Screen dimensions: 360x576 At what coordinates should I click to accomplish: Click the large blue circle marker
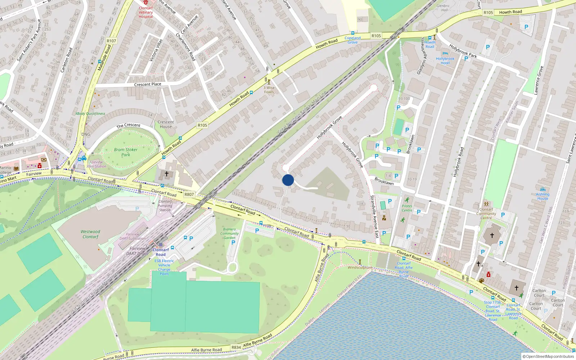pos(288,180)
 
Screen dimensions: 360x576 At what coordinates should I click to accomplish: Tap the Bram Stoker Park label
pos(126,152)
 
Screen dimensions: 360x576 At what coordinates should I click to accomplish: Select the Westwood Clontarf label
pos(90,234)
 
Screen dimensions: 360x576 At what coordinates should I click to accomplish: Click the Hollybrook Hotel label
pos(445,61)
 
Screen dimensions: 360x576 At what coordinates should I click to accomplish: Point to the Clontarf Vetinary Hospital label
pos(146,12)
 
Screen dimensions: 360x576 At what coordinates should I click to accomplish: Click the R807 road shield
pos(189,194)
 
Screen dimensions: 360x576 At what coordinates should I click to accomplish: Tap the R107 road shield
pos(112,41)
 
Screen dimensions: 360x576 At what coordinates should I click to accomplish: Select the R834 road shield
pos(236,347)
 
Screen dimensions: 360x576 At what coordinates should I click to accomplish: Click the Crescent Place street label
pos(148,84)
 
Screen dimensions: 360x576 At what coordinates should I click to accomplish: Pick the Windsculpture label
pos(360,267)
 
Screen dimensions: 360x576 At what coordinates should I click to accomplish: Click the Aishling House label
pos(543,196)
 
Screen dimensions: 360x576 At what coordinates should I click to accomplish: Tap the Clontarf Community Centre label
pos(486,213)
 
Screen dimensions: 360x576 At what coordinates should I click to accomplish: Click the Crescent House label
pos(166,124)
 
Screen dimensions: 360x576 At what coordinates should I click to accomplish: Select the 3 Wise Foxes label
pos(269,90)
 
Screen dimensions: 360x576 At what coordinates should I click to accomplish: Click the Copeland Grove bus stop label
pos(352,40)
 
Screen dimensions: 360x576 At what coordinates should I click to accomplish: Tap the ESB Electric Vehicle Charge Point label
pos(164,267)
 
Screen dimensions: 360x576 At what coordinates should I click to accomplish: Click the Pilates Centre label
pos(407,208)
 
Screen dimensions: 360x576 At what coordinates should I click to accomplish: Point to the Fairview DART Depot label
pos(138,251)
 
